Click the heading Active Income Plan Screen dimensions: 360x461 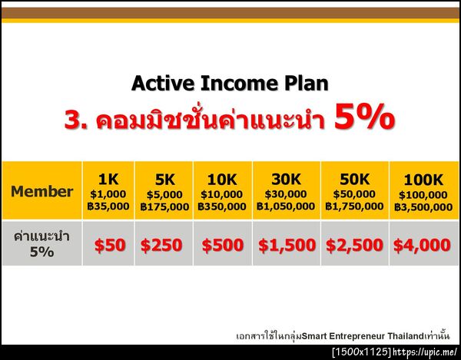[x=230, y=83]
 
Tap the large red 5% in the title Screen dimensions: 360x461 [x=365, y=119]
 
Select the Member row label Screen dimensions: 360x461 [x=42, y=192]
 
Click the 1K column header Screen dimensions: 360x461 [x=108, y=180]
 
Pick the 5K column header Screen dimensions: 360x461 [x=164, y=180]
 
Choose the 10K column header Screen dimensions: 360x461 [x=221, y=180]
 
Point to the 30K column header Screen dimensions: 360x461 [x=286, y=180]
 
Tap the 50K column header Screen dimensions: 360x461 [x=354, y=180]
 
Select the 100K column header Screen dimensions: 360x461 [x=423, y=180]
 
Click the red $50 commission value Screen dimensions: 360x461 [x=109, y=246]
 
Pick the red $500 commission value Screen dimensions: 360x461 [x=222, y=246]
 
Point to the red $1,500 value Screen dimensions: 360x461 [x=287, y=246]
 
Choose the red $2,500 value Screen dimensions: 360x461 [x=354, y=246]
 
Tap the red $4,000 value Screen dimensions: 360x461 [x=422, y=246]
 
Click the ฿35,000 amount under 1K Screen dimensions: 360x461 [x=108, y=206]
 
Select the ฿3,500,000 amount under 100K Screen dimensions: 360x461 [x=423, y=206]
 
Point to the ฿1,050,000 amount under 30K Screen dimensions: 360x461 [x=286, y=206]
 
